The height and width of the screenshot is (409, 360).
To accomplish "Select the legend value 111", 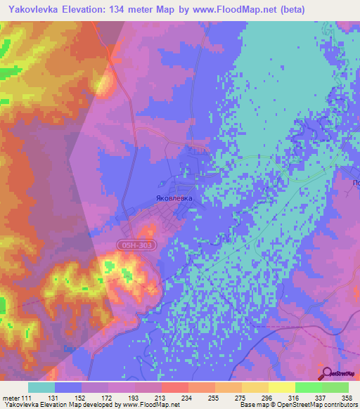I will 27,398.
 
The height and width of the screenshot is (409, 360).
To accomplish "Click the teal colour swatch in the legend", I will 41,387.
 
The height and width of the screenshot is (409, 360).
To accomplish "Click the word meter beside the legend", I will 11,398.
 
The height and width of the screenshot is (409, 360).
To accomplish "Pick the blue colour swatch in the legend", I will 68,387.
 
